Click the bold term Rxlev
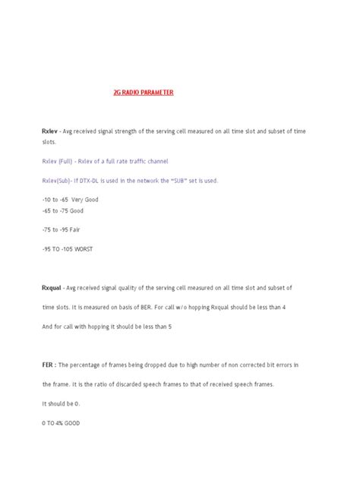[x=49, y=131]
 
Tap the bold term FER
[x=47, y=365]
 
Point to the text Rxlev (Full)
[x=59, y=161]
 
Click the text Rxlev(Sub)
[x=59, y=180]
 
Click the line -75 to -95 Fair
[x=62, y=228]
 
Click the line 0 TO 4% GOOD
[x=65, y=422]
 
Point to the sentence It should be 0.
[x=62, y=403]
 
